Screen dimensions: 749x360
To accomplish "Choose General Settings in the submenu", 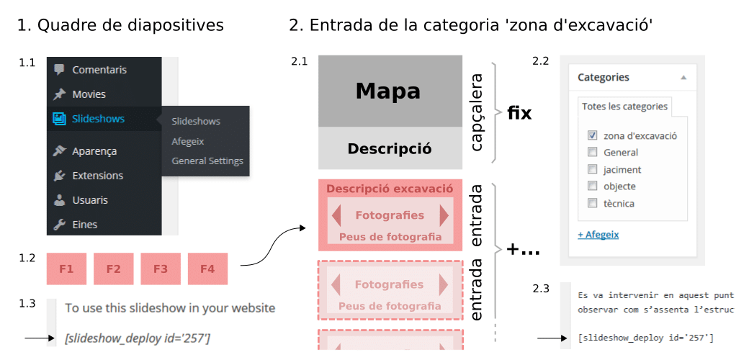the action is [x=207, y=161].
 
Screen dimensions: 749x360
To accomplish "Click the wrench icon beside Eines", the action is [x=59, y=225].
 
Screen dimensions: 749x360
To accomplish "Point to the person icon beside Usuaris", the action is [x=59, y=200].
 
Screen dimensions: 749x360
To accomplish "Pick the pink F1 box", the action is [x=66, y=269].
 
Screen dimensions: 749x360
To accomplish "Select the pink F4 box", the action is [x=208, y=269].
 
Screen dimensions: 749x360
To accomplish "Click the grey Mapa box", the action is [x=390, y=91].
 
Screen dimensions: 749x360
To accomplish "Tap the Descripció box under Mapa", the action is [x=390, y=148].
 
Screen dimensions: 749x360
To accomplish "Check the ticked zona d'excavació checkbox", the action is [x=592, y=135].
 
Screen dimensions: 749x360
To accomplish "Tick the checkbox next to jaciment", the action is [x=592, y=169].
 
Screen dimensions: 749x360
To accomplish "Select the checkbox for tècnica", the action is [x=592, y=203].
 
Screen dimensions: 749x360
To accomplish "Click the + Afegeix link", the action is [x=598, y=235].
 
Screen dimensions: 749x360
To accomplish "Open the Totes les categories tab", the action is [x=625, y=107].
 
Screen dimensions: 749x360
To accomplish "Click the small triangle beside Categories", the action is [x=683, y=77].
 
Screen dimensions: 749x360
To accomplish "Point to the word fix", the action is [x=519, y=114].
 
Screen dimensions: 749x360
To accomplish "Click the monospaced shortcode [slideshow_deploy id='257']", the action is [x=645, y=338].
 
